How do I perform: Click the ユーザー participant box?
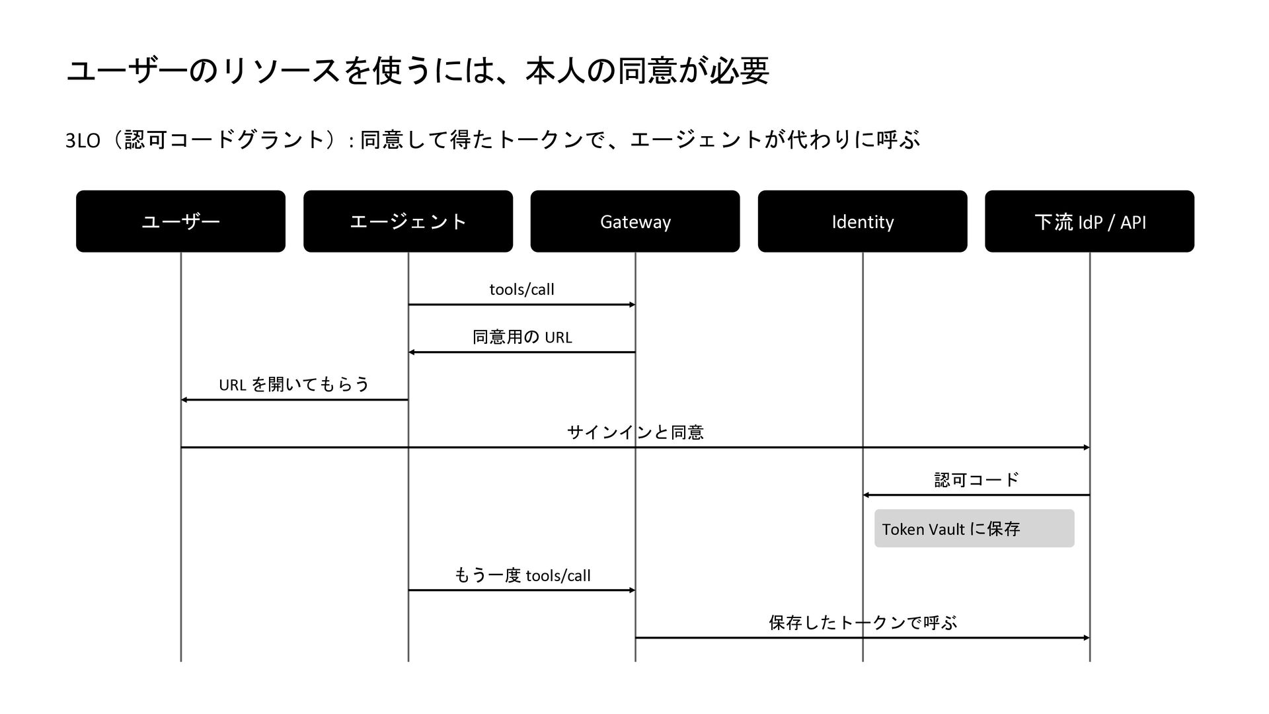pos(180,221)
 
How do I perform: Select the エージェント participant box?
pos(408,221)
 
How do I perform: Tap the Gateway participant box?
pos(635,221)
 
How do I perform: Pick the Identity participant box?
pos(863,221)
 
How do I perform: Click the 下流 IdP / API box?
pos(1090,221)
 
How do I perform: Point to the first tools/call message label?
pos(521,290)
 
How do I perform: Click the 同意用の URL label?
pos(522,337)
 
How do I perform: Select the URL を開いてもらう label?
pos(294,384)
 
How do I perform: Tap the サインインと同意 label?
pos(635,432)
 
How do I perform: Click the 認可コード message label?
pos(977,479)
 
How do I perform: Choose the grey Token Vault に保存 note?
pos(974,528)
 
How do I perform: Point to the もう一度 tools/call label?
pos(522,575)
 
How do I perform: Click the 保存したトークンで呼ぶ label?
pos(863,623)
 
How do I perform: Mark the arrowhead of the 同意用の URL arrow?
pos(411,352)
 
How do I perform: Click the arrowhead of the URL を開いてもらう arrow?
pos(184,400)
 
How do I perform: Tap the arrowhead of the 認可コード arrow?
pos(866,495)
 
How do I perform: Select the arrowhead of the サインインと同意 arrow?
pos(1087,448)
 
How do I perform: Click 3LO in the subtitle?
pos(83,141)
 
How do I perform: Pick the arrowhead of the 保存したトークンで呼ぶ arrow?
pos(1087,638)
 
